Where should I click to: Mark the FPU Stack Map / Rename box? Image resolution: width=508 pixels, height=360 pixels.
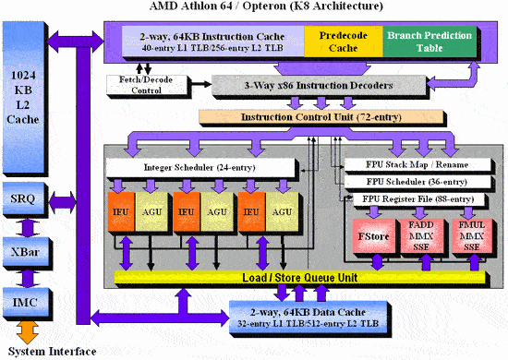(416, 166)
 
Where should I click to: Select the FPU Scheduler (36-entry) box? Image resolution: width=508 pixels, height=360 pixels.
(416, 184)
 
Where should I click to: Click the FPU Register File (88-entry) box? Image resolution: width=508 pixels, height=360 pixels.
(416, 200)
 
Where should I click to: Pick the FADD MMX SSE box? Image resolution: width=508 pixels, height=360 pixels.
(422, 235)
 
